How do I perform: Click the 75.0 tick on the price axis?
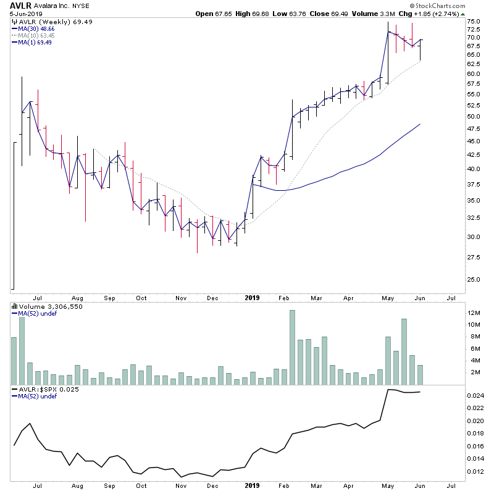pyautogui.click(x=474, y=22)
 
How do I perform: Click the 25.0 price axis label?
pyautogui.click(x=474, y=279)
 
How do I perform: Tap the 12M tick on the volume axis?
pyautogui.click(x=474, y=313)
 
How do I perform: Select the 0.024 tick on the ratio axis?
pyautogui.click(x=475, y=396)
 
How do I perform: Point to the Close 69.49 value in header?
pyautogui.click(x=361, y=14)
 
